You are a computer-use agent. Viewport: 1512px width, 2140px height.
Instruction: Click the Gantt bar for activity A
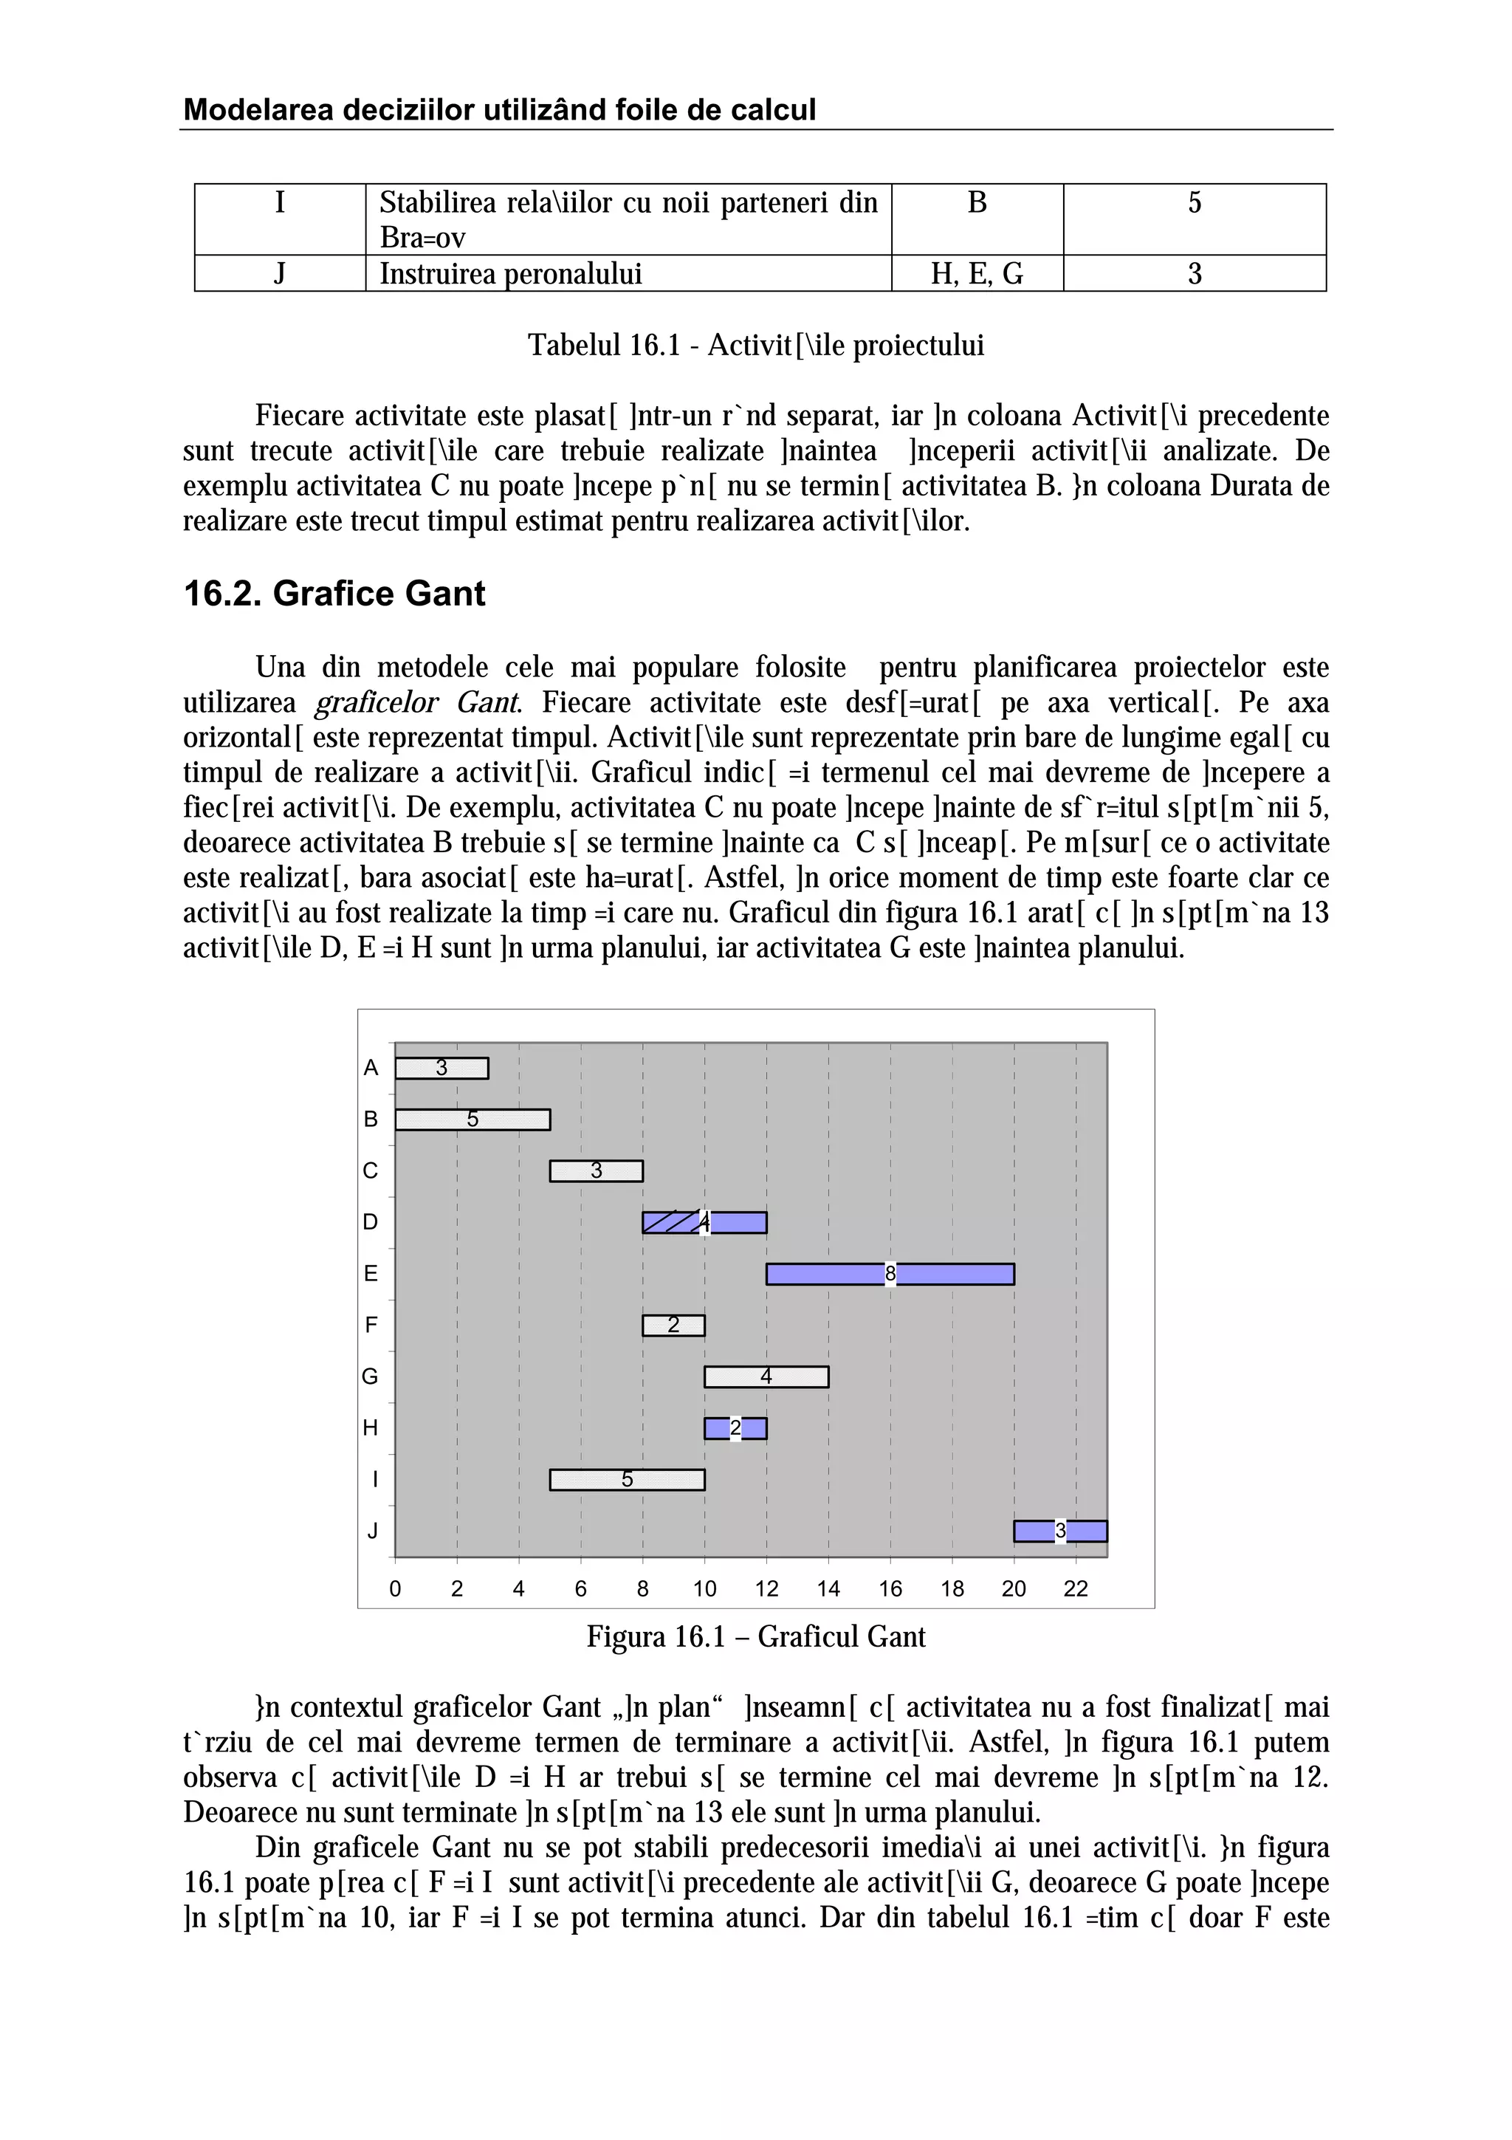(x=441, y=1068)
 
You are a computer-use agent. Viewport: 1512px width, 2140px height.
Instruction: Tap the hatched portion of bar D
(x=670, y=1222)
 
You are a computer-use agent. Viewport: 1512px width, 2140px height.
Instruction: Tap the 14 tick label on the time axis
(x=828, y=1589)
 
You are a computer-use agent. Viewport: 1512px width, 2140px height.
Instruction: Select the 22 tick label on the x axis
(x=1075, y=1589)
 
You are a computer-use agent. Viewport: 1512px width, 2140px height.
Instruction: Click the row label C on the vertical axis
(x=371, y=1170)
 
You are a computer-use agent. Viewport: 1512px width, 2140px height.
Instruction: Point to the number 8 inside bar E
(x=890, y=1274)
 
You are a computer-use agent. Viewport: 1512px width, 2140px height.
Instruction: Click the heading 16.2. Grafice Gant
(x=334, y=594)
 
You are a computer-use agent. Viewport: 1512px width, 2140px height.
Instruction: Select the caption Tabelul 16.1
(x=755, y=346)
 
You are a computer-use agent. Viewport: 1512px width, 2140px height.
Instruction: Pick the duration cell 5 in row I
(x=1195, y=203)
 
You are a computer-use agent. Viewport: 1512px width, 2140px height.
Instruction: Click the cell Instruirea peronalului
(x=510, y=274)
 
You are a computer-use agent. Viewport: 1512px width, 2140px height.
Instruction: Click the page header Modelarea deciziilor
(x=499, y=110)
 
